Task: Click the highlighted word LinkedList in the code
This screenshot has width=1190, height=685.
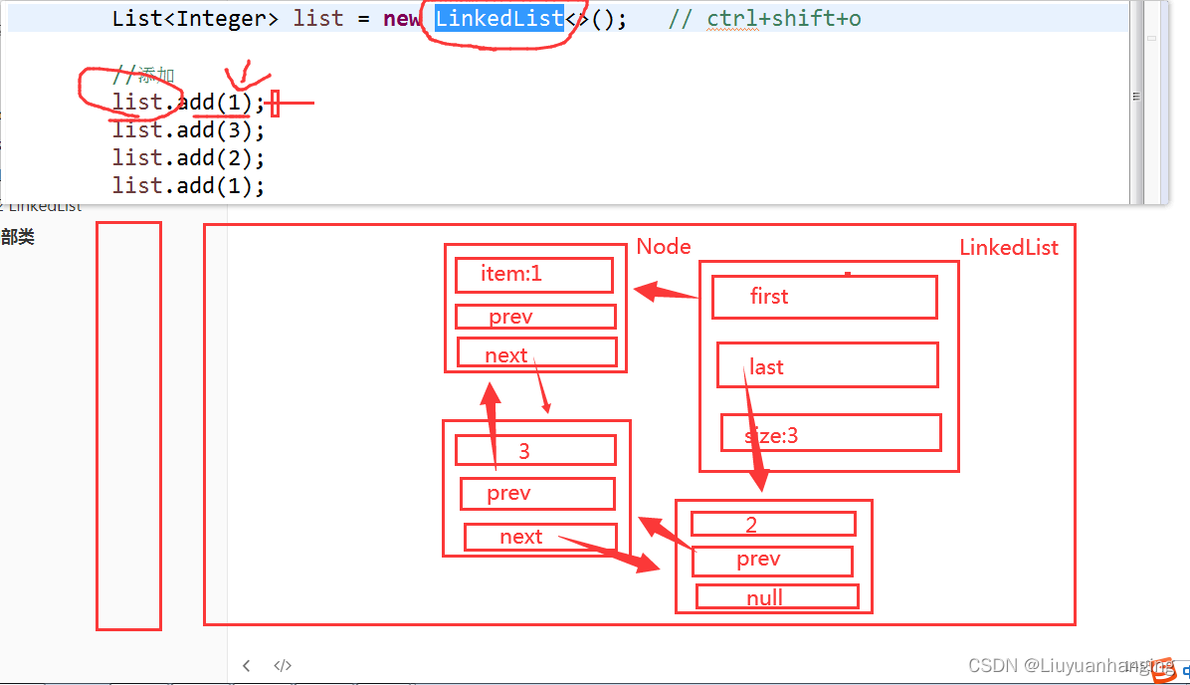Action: tap(499, 19)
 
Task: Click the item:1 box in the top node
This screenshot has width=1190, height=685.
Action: tap(533, 275)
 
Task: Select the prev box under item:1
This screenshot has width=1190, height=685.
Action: tap(535, 317)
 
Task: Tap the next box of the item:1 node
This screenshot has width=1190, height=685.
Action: tap(536, 352)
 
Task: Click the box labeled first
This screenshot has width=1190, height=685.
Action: tap(824, 297)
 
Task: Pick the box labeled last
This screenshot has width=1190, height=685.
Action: tap(827, 365)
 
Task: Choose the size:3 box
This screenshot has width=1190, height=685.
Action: tap(831, 433)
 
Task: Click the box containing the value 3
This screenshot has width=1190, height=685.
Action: tap(535, 450)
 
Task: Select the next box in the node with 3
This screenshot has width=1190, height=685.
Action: tap(539, 537)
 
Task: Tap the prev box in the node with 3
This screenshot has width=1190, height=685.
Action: tap(537, 494)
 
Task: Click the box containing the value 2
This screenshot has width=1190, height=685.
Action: tap(773, 524)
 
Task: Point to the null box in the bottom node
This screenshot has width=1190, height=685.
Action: tap(776, 597)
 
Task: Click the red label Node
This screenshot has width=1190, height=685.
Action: tap(664, 246)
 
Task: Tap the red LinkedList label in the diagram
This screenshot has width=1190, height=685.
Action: tap(1009, 247)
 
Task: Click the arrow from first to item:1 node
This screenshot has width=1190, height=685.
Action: tap(666, 293)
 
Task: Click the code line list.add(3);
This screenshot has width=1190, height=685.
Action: tap(188, 129)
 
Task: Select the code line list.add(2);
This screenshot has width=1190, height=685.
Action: tap(188, 157)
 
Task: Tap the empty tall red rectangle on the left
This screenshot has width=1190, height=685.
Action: tap(128, 425)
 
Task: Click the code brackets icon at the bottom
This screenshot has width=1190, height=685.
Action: tap(283, 665)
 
